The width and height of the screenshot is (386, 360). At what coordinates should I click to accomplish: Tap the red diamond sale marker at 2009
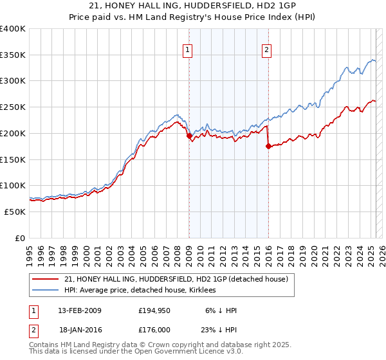tap(189, 136)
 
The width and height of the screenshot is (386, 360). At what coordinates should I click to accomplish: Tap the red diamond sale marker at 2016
tap(268, 146)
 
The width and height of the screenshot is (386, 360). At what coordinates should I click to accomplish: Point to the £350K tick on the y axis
tap(13, 55)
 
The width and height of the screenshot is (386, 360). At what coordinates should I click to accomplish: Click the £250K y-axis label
tap(13, 107)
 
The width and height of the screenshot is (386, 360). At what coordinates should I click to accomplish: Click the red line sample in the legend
tap(46, 279)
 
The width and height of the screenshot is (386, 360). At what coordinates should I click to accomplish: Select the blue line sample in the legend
tap(46, 290)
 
